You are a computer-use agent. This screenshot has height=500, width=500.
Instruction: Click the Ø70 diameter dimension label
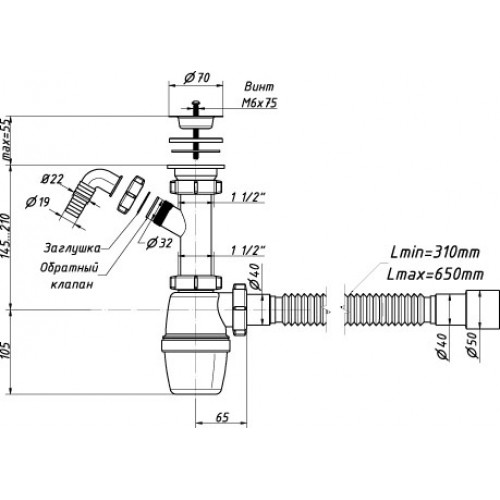click(x=197, y=78)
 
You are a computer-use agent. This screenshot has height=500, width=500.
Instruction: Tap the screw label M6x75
click(x=259, y=103)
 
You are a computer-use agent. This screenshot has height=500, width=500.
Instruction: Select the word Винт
click(x=259, y=87)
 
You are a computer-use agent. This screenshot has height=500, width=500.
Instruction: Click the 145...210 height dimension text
click(x=7, y=235)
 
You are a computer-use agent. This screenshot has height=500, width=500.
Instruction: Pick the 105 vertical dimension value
click(x=7, y=349)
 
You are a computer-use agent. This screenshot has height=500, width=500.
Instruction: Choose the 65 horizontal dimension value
click(x=222, y=417)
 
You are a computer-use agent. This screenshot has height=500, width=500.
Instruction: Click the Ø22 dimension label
click(x=52, y=179)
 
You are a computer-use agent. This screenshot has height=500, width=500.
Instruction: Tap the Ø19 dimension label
click(x=37, y=202)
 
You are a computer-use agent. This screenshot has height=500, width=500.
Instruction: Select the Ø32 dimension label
click(x=159, y=244)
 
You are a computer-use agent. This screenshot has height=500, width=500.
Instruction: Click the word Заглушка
click(x=72, y=248)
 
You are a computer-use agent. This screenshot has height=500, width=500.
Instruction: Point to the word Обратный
click(x=69, y=268)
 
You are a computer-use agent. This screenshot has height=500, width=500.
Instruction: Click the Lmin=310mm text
click(x=435, y=253)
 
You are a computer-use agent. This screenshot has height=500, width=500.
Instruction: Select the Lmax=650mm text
click(x=435, y=275)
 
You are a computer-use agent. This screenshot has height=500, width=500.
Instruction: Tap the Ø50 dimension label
click(x=472, y=344)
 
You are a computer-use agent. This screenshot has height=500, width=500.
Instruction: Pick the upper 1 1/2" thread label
click(x=248, y=198)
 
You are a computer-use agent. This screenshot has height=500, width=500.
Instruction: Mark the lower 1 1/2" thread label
click(x=248, y=250)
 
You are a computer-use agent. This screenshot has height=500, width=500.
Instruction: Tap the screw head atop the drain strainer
click(x=195, y=102)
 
